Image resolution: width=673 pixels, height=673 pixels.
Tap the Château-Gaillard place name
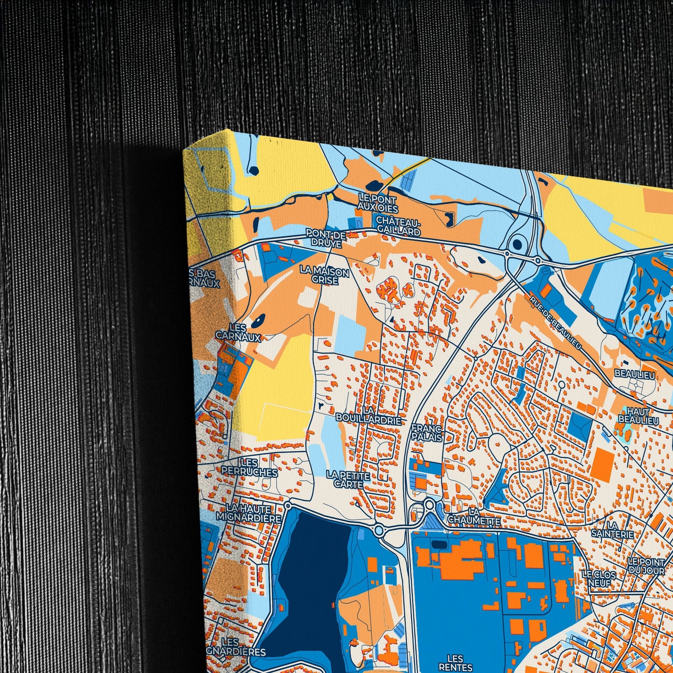398,225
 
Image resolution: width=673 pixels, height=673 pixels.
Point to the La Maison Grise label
325,275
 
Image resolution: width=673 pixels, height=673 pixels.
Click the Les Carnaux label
238,333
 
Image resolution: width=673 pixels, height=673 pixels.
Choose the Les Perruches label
250,468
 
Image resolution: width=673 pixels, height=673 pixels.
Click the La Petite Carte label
348,480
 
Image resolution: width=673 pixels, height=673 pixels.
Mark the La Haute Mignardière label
249,513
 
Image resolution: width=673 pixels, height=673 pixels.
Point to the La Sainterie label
612,530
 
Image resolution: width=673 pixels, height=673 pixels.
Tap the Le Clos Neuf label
599,579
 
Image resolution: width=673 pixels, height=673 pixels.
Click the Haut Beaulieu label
639,416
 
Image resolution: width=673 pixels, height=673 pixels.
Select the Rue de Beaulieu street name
556,321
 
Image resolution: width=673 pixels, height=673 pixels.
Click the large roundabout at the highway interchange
517,244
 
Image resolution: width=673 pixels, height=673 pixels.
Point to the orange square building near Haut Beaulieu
604,463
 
